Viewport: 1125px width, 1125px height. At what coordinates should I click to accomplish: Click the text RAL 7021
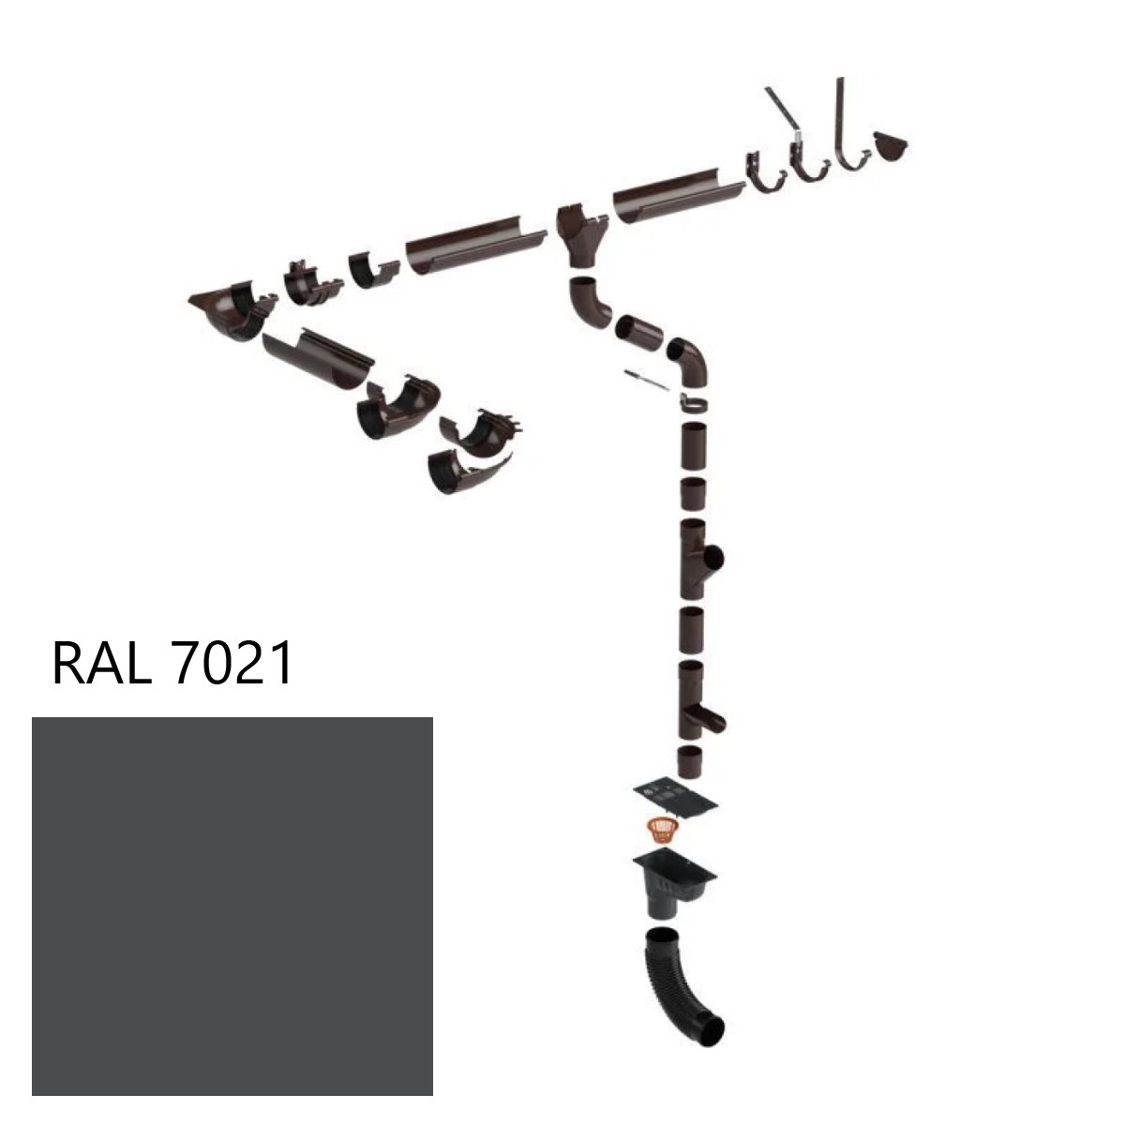click(x=173, y=664)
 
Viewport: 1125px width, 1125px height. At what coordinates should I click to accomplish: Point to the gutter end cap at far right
click(x=892, y=146)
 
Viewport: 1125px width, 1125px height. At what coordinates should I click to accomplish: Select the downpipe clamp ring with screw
click(x=692, y=403)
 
